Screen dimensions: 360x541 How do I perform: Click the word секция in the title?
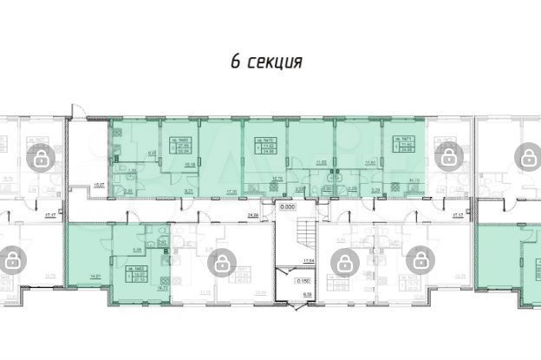click(275, 62)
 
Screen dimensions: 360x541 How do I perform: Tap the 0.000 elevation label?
click(287, 207)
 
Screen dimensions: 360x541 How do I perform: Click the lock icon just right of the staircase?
click(344, 261)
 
